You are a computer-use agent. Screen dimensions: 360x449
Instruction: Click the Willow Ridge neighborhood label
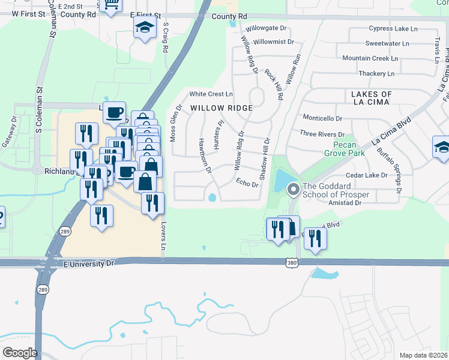point(221,107)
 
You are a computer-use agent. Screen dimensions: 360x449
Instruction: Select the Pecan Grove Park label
point(349,149)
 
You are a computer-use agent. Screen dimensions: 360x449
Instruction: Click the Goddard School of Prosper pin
point(294,190)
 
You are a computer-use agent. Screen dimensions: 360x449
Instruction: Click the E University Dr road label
point(89,263)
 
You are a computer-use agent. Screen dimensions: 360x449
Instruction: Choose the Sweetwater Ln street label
point(387,43)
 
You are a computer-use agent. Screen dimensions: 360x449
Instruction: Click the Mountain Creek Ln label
point(370,58)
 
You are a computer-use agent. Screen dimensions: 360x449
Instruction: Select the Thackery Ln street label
point(376,73)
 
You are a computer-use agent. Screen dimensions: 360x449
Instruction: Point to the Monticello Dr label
point(322,118)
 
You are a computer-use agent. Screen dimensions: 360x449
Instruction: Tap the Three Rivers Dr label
point(322,134)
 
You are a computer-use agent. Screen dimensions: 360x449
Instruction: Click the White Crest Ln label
point(211,94)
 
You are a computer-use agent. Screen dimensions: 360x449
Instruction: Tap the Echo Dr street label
point(247,183)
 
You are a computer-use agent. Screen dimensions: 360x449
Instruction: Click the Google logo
point(20,352)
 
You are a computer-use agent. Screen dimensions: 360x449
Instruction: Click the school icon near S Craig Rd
point(145,28)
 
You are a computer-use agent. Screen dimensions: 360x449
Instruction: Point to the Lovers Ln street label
point(163,238)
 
